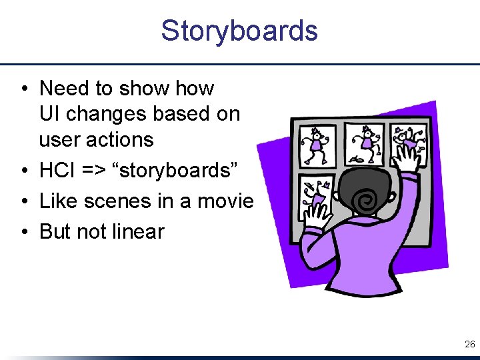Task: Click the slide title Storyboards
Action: point(239,31)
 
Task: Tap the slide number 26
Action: point(469,345)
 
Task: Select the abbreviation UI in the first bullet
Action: point(49,114)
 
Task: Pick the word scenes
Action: point(116,201)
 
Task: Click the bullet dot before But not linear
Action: point(23,231)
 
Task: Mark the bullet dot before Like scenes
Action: point(23,201)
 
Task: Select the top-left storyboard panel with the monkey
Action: point(318,145)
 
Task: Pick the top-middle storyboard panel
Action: point(363,143)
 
